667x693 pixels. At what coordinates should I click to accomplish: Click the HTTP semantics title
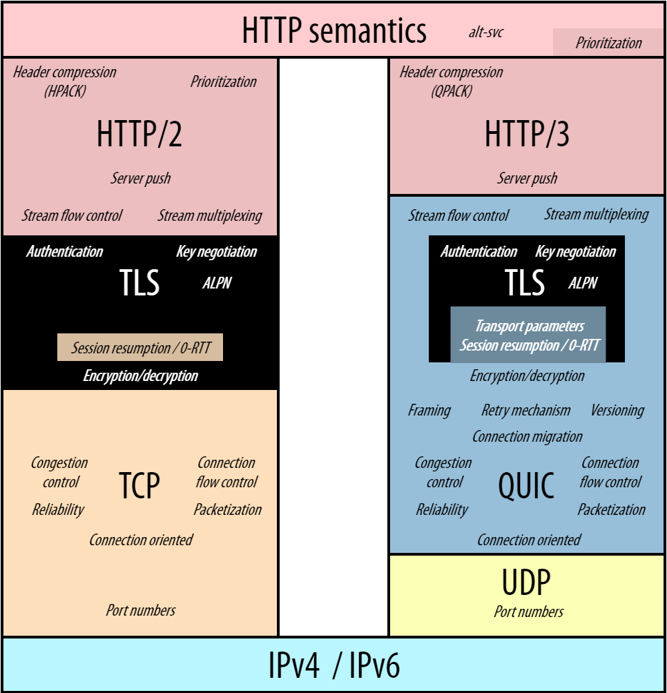[333, 30]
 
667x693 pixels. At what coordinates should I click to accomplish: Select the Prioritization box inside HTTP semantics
[608, 43]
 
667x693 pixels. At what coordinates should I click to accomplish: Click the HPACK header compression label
[65, 81]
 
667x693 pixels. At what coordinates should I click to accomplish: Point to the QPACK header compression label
[452, 81]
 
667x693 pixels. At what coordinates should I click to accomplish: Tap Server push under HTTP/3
[527, 178]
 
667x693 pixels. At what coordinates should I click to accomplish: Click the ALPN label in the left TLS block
[216, 283]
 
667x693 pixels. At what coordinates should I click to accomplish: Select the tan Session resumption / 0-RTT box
[140, 348]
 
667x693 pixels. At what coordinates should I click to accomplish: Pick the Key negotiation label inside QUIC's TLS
[575, 252]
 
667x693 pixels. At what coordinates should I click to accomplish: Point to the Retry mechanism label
[526, 411]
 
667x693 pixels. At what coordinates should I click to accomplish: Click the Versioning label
[617, 411]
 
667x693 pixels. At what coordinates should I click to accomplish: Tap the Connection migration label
[527, 436]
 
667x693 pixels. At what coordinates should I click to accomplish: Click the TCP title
[139, 485]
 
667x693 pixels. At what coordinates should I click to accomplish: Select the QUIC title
[526, 485]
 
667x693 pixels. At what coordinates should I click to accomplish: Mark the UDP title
[526, 584]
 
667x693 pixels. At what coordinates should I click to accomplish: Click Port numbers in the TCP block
[140, 610]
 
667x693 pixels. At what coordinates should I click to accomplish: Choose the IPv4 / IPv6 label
[333, 666]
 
